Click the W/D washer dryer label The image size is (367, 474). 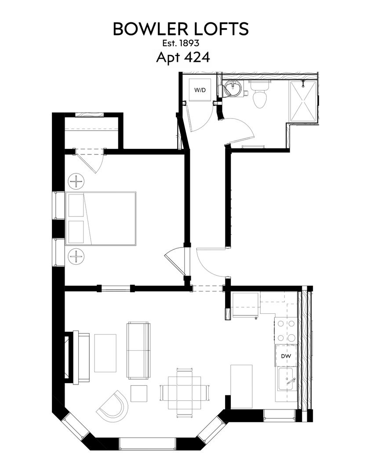coord(200,90)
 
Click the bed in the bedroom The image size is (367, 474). coord(101,218)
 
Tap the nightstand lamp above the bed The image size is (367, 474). coord(76,181)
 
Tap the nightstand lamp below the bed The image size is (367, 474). coord(76,256)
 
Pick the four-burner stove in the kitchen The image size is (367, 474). coord(286,331)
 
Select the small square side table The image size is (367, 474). coord(139,393)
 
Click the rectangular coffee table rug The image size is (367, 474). coord(105,353)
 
